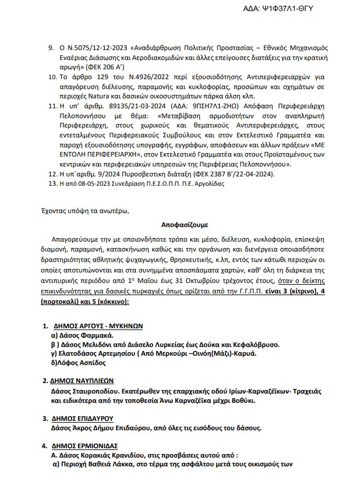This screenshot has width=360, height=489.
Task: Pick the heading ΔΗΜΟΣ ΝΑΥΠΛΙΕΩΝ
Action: (84, 381)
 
